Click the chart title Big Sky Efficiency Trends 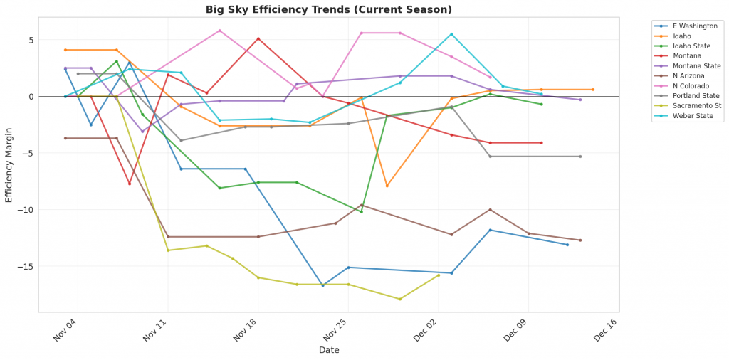pyautogui.click(x=328, y=9)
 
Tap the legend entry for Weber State pyautogui.click(x=684, y=115)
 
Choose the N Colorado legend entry pyautogui.click(x=683, y=85)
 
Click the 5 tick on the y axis pyautogui.click(x=30, y=40)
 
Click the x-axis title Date pyautogui.click(x=328, y=350)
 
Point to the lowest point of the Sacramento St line pyautogui.click(x=400, y=299)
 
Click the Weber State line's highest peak pyautogui.click(x=451, y=33)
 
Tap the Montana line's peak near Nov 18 pyautogui.click(x=258, y=38)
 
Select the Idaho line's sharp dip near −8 pyautogui.click(x=387, y=186)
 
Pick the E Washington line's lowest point pyautogui.click(x=322, y=285)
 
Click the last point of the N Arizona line pyautogui.click(x=580, y=240)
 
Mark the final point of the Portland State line pyautogui.click(x=580, y=157)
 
